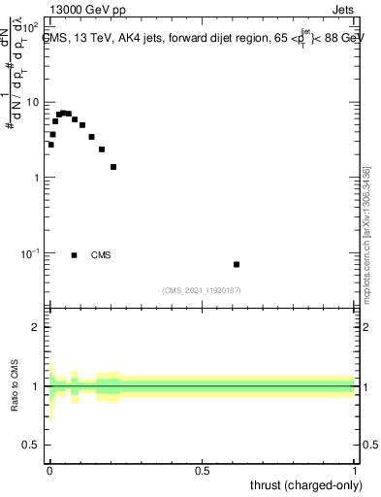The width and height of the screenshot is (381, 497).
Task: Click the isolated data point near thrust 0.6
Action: tap(237, 264)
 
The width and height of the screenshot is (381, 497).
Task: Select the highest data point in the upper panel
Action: tap(64, 113)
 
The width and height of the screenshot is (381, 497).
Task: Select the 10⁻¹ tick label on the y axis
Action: tap(31, 252)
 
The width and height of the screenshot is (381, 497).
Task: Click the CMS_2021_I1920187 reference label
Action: tap(202, 290)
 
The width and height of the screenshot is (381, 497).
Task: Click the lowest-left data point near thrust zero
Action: tap(50, 145)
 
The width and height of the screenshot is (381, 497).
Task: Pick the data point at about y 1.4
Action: tap(113, 167)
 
